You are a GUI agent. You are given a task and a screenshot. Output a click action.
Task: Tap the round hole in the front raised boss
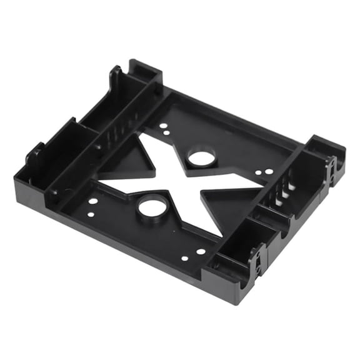tap(152, 206)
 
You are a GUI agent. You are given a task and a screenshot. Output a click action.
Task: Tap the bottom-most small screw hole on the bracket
tap(185, 258)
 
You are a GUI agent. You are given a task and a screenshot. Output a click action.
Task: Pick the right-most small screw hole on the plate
tap(270, 171)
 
